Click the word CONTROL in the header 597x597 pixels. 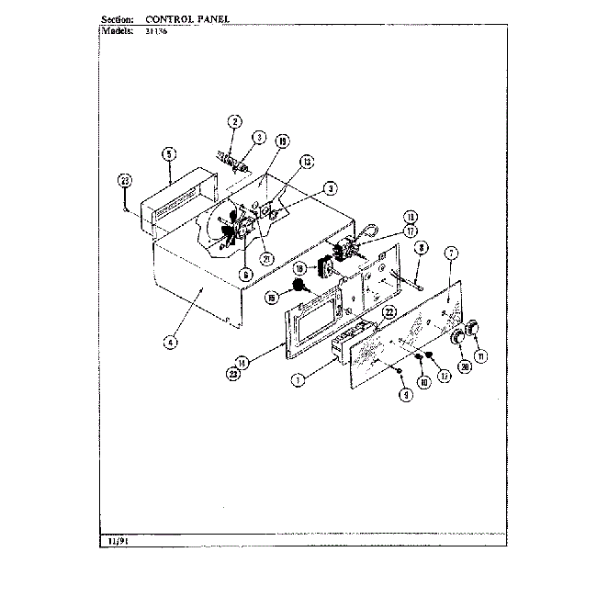171,18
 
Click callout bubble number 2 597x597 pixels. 234,121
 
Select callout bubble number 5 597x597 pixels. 169,153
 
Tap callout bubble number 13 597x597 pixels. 307,160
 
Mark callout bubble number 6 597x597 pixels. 247,273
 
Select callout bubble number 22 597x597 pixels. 389,312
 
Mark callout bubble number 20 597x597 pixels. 466,366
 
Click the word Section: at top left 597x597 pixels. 115,18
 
